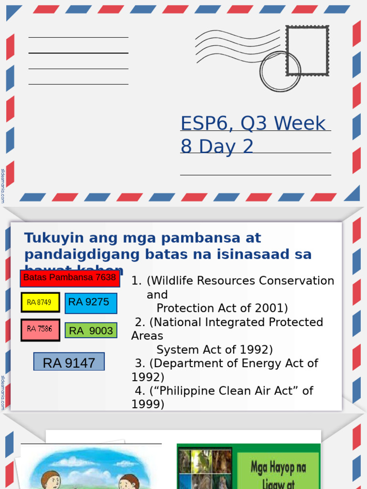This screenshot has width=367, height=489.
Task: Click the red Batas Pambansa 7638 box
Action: coord(70,278)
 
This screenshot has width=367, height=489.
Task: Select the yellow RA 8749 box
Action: coord(40,302)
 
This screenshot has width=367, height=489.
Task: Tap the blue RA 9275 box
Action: coord(91,303)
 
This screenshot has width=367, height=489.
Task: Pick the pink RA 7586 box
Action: coord(40,330)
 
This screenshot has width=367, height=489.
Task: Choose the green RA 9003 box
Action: coord(91,330)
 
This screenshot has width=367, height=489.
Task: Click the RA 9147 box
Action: coord(69,363)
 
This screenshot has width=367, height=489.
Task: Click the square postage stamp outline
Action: coord(307,50)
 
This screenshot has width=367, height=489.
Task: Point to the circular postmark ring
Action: coord(280,72)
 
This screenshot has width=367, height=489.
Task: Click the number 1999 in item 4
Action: coord(148,404)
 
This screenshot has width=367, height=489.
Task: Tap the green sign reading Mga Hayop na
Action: coord(278,467)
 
